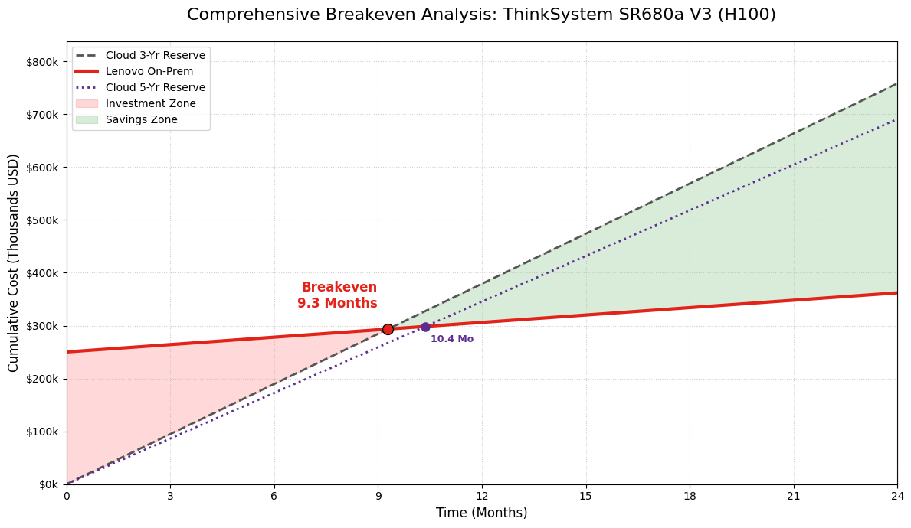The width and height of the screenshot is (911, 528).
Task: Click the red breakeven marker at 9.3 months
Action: (388, 329)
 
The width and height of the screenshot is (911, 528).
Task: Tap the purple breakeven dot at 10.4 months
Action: (425, 327)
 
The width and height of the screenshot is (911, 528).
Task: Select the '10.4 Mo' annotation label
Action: (452, 339)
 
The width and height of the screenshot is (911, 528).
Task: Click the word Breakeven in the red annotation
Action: (339, 288)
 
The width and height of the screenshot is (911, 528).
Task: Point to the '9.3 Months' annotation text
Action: (337, 304)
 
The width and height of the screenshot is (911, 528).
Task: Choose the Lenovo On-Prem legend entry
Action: (149, 71)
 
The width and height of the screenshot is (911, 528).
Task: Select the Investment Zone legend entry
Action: (151, 103)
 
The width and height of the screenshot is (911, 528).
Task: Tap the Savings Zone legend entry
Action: (142, 119)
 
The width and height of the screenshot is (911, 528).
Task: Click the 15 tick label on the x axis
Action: (586, 497)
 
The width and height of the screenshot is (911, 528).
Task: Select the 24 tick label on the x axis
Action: (897, 497)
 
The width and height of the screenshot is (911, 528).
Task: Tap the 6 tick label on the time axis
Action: (274, 497)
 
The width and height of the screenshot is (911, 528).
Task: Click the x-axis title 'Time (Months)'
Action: (482, 513)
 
